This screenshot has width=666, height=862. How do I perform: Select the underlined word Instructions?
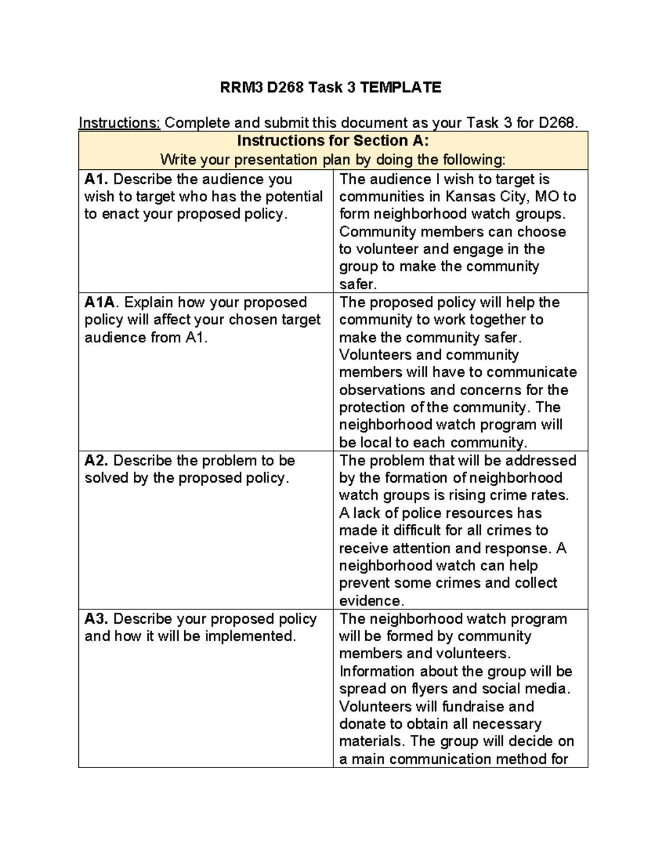119,123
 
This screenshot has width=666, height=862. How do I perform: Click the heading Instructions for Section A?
333,140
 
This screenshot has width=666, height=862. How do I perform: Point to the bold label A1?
97,179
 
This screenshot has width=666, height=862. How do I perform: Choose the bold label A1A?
100,303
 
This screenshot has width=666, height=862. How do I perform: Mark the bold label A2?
97,461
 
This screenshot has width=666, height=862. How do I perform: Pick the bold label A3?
97,619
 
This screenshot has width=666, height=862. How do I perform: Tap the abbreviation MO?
547,196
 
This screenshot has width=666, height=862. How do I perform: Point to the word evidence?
371,601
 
